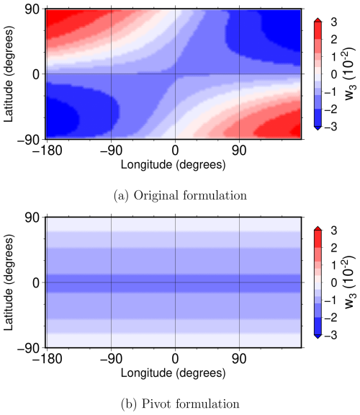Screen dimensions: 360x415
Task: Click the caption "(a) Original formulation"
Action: pos(180,196)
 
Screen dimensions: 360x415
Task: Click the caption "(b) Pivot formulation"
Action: pos(180,404)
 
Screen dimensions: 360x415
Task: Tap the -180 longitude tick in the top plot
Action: pos(48,151)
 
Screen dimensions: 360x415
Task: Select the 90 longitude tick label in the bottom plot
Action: pos(239,359)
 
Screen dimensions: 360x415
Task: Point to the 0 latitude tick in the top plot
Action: pos(37,75)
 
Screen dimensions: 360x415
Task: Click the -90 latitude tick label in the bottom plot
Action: pos(29,348)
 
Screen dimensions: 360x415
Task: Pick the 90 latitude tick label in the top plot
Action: pos(32,10)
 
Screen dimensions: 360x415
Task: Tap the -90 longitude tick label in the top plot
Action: pos(111,151)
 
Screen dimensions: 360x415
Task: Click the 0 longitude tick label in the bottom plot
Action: pos(175,359)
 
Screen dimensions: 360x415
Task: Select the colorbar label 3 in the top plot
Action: pos(334,22)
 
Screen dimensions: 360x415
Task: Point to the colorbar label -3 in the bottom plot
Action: pos(330,335)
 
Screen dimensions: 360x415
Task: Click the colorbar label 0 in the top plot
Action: pos(334,74)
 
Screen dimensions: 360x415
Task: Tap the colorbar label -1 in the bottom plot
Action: pos(330,300)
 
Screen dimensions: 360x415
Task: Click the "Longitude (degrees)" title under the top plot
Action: pos(174,164)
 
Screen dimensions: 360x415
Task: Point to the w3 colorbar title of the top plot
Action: pos(351,73)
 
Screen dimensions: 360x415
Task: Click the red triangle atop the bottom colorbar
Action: pos(318,228)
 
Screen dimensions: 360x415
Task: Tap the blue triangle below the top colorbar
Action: pos(318,128)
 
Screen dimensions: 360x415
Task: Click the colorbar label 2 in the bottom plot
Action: pos(334,248)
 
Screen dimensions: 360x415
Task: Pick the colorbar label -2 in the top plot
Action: pos(330,110)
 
